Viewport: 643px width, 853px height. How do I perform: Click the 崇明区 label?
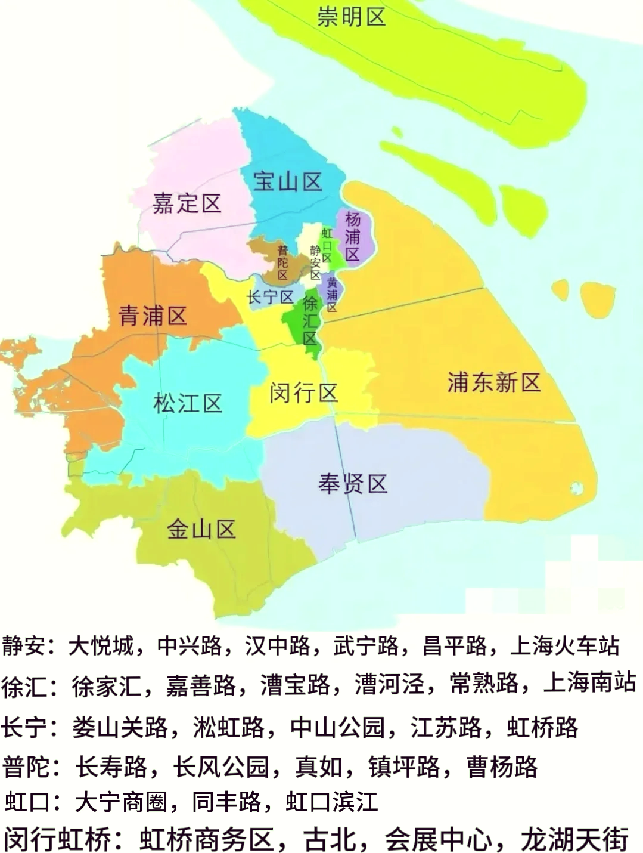tap(351, 17)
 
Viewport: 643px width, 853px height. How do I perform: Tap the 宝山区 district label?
tap(287, 181)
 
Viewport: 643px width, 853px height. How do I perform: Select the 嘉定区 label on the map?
tap(187, 203)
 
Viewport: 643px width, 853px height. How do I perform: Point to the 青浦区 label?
tap(153, 315)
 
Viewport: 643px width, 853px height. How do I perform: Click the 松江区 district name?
tap(188, 404)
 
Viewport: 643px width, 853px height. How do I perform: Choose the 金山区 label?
tap(201, 529)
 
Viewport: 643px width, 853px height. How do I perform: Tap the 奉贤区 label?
tap(353, 483)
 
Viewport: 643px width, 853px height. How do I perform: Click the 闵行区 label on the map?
tap(303, 393)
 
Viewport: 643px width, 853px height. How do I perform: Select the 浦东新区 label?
tap(494, 382)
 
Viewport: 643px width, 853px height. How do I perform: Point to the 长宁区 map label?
tap(270, 297)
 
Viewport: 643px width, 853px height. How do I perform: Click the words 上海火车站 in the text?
tap(565, 645)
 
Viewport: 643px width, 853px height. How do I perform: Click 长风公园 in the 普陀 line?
tap(222, 767)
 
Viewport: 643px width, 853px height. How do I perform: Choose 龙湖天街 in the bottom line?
tap(574, 839)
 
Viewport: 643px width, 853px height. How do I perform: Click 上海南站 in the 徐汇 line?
tap(590, 682)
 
